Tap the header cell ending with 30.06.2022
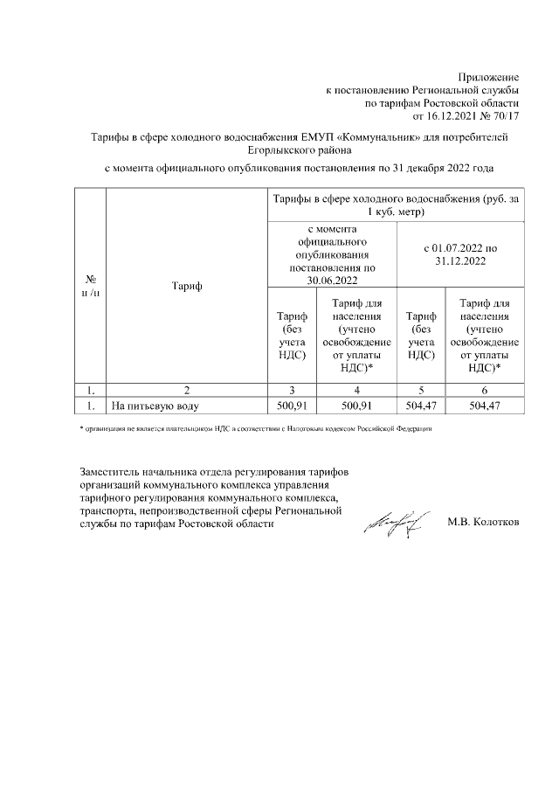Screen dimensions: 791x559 click(x=331, y=254)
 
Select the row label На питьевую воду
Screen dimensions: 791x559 click(x=155, y=406)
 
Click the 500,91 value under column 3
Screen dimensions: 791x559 click(x=291, y=406)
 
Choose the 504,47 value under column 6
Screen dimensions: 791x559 click(x=488, y=406)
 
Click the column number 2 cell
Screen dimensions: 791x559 click(x=185, y=392)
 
